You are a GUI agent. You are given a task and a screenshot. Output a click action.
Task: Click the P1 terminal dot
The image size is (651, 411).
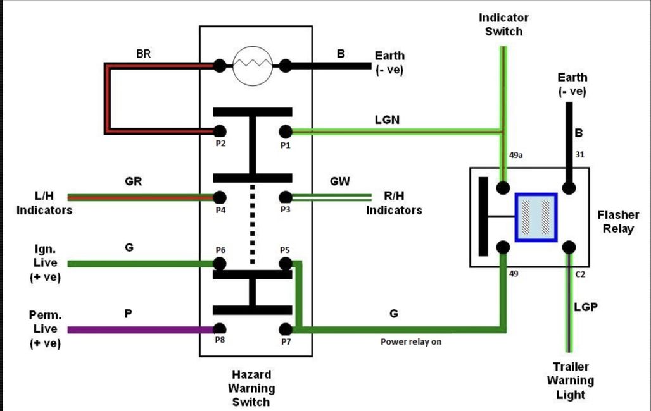(285, 132)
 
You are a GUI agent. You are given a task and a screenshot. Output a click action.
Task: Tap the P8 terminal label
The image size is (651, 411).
(220, 340)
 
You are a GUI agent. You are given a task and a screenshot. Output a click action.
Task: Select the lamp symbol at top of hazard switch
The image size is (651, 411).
(253, 66)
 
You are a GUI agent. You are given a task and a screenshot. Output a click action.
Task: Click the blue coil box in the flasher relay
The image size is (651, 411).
(536, 218)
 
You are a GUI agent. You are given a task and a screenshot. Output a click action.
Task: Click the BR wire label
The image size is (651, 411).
(144, 54)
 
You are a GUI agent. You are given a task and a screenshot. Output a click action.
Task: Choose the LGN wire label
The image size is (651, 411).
(387, 120)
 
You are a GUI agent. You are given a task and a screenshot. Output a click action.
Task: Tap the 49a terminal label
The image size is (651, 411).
(515, 155)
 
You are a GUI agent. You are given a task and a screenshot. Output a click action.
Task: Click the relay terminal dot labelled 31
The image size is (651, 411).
(569, 188)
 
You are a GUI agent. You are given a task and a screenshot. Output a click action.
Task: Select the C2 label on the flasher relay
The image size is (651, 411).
(580, 274)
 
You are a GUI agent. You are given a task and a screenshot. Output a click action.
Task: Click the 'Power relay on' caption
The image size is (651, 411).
(411, 341)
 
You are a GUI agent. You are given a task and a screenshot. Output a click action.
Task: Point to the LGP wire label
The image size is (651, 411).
(586, 307)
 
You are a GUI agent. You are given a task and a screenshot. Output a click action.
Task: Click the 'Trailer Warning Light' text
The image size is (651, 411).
(571, 381)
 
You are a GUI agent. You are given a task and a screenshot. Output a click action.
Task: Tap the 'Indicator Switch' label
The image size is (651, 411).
(503, 25)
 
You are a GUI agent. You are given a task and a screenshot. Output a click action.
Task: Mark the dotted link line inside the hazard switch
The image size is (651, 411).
(252, 224)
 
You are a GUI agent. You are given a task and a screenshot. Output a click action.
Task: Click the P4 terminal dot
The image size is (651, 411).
(220, 197)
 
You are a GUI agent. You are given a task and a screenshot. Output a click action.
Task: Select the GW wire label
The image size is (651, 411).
(339, 181)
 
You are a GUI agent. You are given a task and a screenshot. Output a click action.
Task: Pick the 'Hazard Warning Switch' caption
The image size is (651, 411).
(251, 388)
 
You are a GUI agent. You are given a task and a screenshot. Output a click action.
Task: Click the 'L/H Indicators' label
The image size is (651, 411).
(44, 203)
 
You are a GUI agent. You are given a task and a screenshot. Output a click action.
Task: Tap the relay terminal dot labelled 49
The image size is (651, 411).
(503, 247)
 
